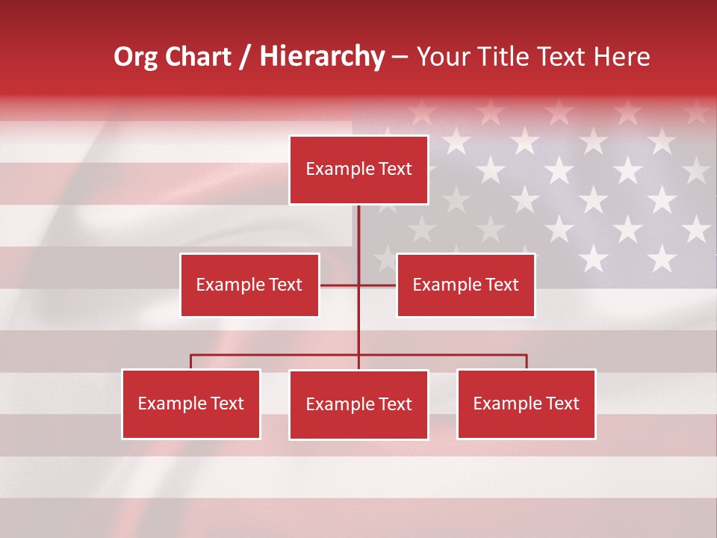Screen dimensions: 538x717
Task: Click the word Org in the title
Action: (x=137, y=57)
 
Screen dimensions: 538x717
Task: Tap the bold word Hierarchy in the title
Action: (x=322, y=57)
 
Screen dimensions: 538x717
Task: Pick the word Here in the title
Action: (x=621, y=57)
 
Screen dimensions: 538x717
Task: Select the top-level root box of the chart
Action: (x=358, y=170)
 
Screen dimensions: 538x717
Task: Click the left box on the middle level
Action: (x=249, y=285)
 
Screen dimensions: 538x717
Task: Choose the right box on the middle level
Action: (x=465, y=285)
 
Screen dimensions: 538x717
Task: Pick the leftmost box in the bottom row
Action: (x=191, y=403)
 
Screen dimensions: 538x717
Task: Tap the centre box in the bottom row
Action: (x=358, y=404)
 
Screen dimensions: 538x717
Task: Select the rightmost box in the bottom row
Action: (x=527, y=403)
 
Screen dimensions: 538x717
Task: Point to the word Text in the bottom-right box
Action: (x=562, y=403)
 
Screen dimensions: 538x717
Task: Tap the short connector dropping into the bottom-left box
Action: (x=191, y=362)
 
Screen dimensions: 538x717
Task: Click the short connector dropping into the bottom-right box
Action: (x=527, y=362)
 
